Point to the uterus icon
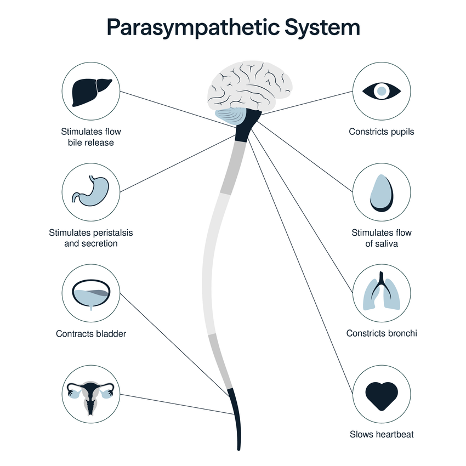(x=90, y=397)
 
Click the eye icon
(x=382, y=91)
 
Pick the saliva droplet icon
(x=382, y=193)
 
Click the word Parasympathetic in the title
(x=193, y=27)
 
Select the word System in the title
(x=322, y=27)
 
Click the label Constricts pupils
(x=382, y=132)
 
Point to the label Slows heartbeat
(x=382, y=434)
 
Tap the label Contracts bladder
(x=91, y=334)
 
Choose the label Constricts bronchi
(x=382, y=333)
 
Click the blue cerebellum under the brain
(x=231, y=116)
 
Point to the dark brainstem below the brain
(x=248, y=125)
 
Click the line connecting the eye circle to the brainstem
(x=306, y=103)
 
